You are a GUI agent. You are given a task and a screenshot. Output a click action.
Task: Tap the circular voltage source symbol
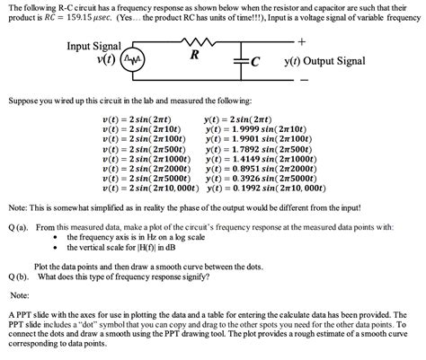pyautogui.click(x=132, y=60)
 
